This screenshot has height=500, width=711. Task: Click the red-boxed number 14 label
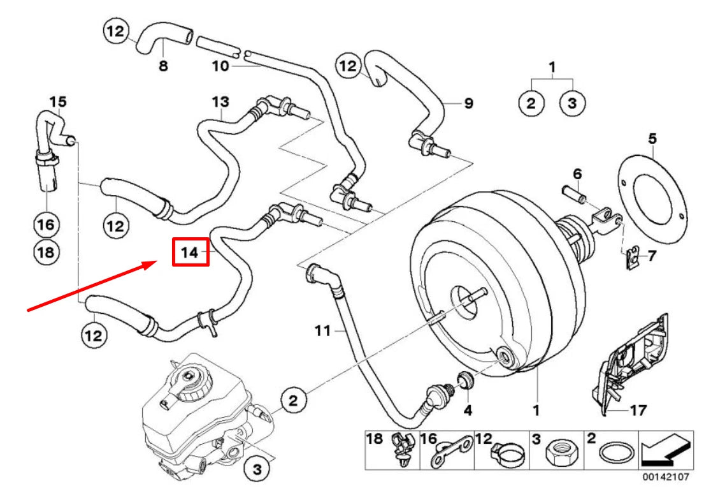pyautogui.click(x=190, y=253)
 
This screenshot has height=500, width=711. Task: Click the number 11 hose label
pyautogui.click(x=323, y=330)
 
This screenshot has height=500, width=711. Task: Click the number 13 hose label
pyautogui.click(x=220, y=102)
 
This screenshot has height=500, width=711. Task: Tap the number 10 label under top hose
pyautogui.click(x=219, y=66)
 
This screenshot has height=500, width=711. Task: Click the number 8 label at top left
pyautogui.click(x=163, y=66)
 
